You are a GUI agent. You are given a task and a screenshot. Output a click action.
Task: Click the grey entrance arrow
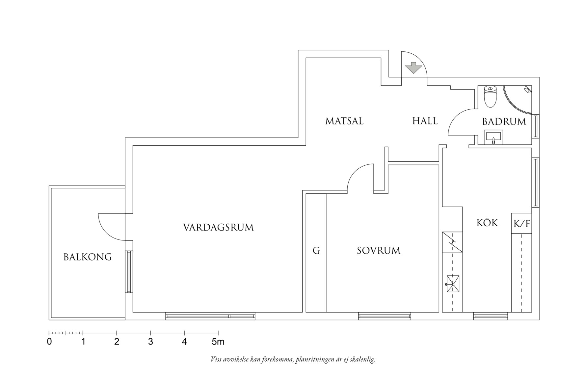[413, 68]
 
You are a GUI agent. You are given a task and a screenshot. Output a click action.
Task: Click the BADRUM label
[504, 122]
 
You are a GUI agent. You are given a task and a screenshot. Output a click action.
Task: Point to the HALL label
[425, 121]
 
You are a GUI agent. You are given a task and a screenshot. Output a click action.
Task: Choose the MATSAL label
[344, 121]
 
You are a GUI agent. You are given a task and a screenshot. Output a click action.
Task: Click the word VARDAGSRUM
[218, 227]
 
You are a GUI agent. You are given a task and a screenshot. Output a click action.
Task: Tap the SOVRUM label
[379, 251]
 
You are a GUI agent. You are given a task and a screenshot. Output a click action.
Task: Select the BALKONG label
[88, 257]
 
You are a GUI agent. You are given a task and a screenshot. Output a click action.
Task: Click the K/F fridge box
[521, 224]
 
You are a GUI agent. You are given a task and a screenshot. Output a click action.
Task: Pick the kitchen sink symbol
[452, 284]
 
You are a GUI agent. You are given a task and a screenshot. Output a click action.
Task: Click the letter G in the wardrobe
[316, 251]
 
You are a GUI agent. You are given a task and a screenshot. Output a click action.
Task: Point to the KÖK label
[487, 223]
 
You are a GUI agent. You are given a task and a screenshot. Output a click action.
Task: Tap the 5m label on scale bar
[218, 342]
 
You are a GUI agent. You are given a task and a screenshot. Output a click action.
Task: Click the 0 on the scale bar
[49, 342]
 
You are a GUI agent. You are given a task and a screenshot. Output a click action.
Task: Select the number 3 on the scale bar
[150, 342]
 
